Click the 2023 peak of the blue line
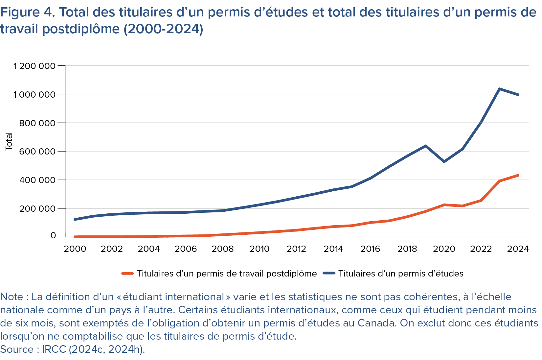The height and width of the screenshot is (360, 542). pyautogui.click(x=499, y=89)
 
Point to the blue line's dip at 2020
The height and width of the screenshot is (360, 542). pyautogui.click(x=444, y=161)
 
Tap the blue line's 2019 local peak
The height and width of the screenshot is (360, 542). pyautogui.click(x=426, y=146)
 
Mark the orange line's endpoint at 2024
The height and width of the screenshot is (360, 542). pyautogui.click(x=518, y=175)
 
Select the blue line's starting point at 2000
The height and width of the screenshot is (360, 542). pyautogui.click(x=75, y=219)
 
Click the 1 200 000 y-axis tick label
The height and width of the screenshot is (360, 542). pyautogui.click(x=34, y=66)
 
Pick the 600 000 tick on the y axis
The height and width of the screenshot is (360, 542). pyautogui.click(x=37, y=152)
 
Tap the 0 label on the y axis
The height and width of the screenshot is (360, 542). pyautogui.click(x=53, y=236)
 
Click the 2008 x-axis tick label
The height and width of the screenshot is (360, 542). pyautogui.click(x=223, y=249)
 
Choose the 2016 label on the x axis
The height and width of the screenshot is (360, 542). pyautogui.click(x=370, y=249)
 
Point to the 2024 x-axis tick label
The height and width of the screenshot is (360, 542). pyautogui.click(x=518, y=249)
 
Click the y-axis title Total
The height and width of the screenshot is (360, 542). pyautogui.click(x=9, y=142)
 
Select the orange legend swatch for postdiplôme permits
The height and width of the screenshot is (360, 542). pyautogui.click(x=127, y=274)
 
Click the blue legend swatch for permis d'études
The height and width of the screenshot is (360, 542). pyautogui.click(x=329, y=274)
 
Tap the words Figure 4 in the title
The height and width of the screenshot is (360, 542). pyautogui.click(x=27, y=12)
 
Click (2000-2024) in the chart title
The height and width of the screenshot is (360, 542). pyautogui.click(x=163, y=29)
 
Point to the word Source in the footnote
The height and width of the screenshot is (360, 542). pyautogui.click(x=17, y=349)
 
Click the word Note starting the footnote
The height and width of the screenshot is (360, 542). pyautogui.click(x=11, y=297)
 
